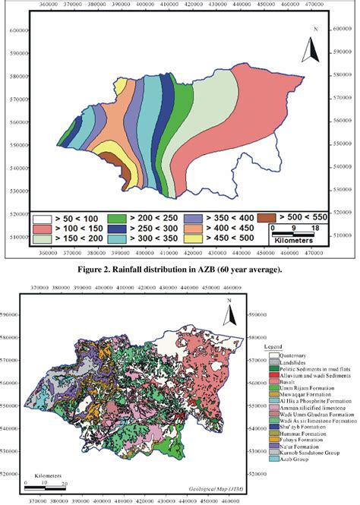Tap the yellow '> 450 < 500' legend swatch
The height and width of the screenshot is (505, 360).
194,238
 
